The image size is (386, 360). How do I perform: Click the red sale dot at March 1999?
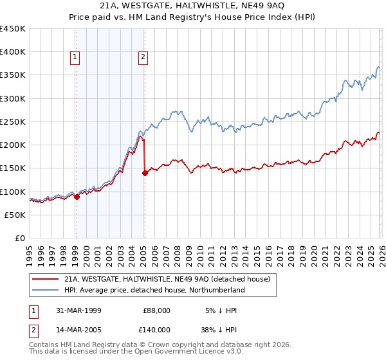77,197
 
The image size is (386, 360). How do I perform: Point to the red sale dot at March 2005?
145,172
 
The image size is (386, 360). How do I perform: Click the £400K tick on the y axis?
13,52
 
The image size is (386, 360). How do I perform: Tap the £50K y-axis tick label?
15,215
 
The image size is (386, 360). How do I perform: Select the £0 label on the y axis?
19,238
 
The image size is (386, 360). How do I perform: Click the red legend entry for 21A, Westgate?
170,280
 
